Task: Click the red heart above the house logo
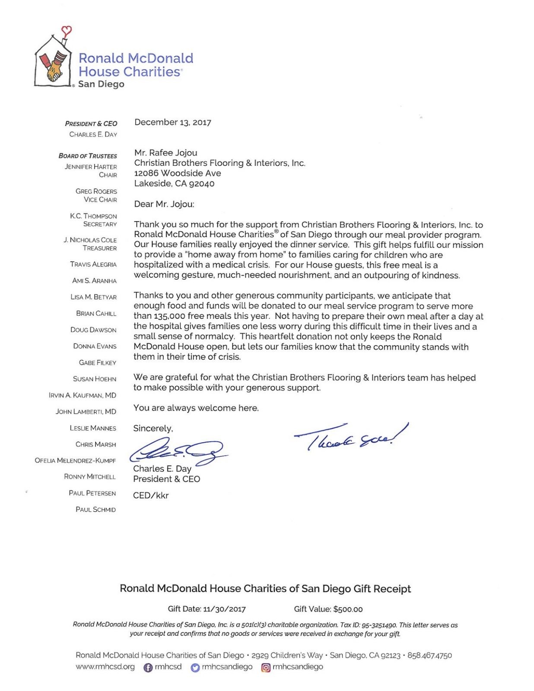(x=66, y=31)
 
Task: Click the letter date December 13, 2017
(x=172, y=122)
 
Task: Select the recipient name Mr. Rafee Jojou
(x=165, y=152)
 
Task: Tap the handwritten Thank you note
(x=350, y=437)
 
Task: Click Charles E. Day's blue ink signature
(x=177, y=451)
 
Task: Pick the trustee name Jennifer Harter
(x=91, y=167)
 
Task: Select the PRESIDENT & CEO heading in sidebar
(x=91, y=124)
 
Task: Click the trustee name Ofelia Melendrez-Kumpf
(x=75, y=460)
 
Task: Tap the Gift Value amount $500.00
(x=348, y=609)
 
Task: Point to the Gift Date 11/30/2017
(x=224, y=609)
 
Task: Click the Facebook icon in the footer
(x=148, y=668)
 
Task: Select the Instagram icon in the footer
(x=266, y=668)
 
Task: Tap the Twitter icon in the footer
(x=195, y=668)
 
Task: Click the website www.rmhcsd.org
(x=105, y=667)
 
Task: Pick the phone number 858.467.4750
(x=429, y=656)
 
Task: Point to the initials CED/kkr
(x=150, y=495)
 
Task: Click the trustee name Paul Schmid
(x=95, y=510)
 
